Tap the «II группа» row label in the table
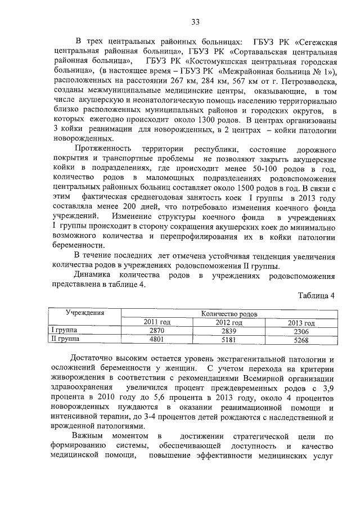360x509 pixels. click(66, 339)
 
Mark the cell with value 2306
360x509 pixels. click(301, 331)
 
